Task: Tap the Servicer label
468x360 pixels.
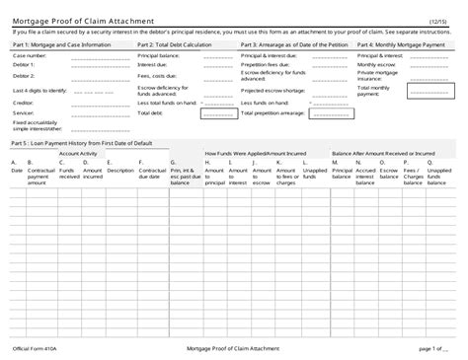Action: click(23, 112)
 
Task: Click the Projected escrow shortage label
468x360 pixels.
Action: click(273, 91)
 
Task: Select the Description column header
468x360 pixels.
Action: click(120, 170)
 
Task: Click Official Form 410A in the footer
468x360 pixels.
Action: click(36, 347)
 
